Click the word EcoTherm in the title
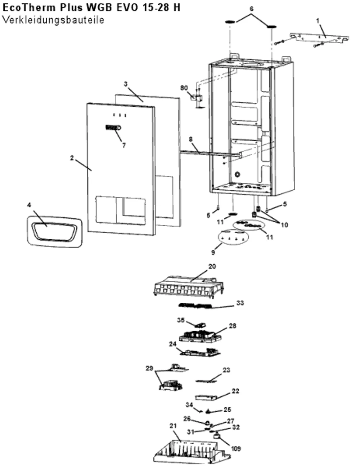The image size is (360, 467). point(29,8)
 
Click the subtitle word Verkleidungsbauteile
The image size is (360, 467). point(53,20)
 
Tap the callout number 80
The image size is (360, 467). point(184,88)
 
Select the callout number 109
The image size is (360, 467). point(236,449)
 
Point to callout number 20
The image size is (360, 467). point(212,266)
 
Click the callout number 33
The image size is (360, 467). point(240,303)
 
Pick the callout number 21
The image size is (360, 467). point(173,426)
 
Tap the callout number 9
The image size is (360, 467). point(213,252)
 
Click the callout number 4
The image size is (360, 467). point(29,205)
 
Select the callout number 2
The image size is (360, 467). point(72,158)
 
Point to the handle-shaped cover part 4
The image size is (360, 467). point(54,232)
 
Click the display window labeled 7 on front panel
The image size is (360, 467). point(113,128)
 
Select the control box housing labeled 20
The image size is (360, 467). point(189,287)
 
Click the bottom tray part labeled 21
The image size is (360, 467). point(192,452)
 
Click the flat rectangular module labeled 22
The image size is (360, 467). point(206,397)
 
